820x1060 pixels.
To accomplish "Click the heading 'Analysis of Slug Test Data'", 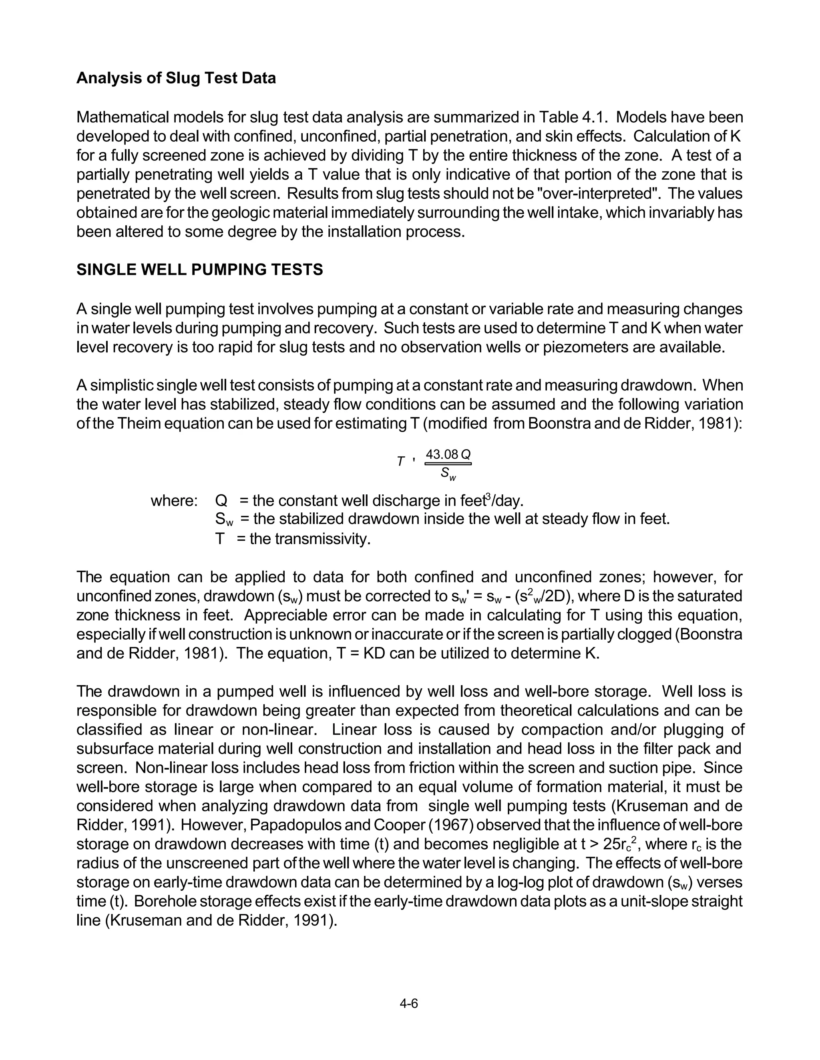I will click(176, 78).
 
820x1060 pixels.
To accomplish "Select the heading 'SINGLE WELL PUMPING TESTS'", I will click(200, 270).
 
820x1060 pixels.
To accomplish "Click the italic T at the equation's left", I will click(400, 462).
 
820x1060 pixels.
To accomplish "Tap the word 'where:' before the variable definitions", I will click(174, 500).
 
